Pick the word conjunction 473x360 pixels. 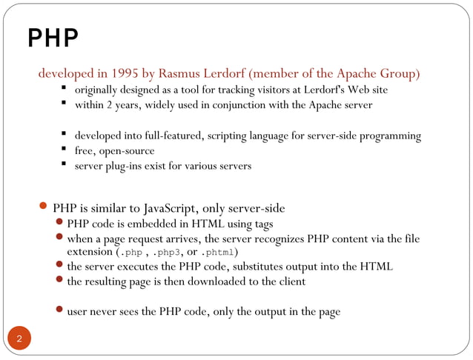(239, 104)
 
